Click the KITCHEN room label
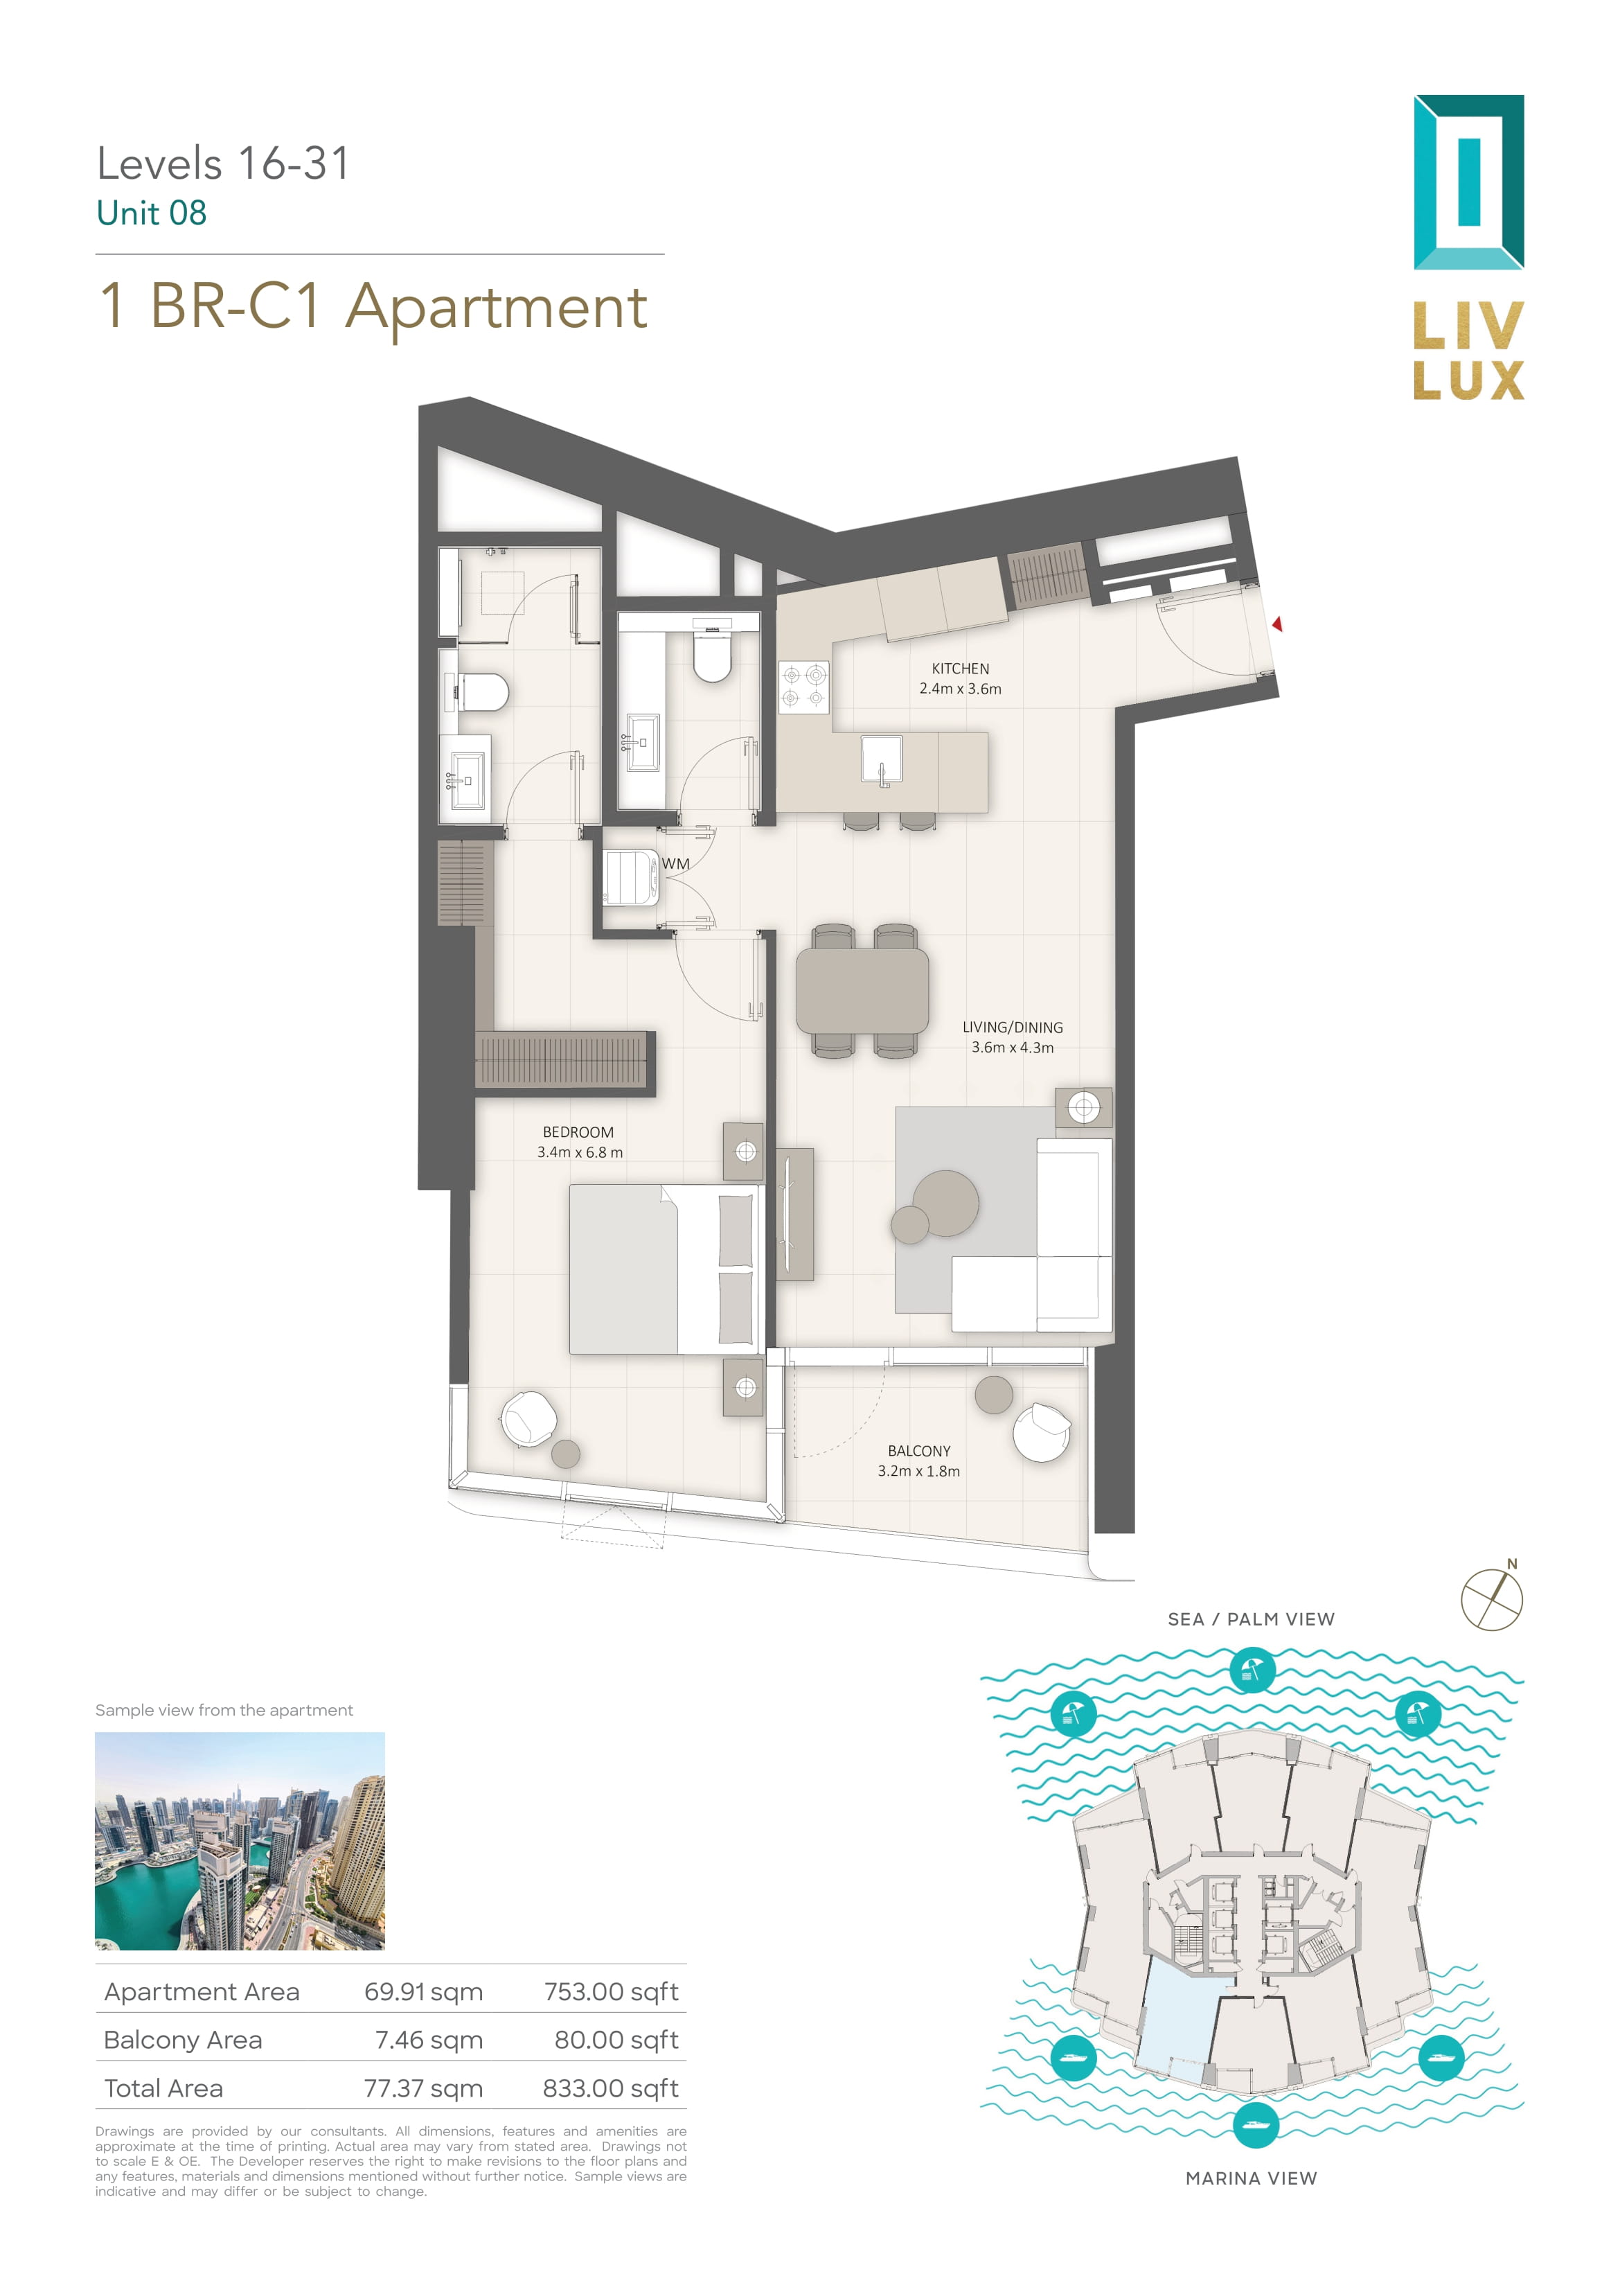coord(960,669)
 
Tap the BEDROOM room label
coord(578,1132)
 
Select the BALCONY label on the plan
coord(919,1450)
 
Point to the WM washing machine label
coord(676,863)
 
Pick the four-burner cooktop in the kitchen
coord(803,686)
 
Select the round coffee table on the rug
coord(945,1203)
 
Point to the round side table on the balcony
coord(993,1395)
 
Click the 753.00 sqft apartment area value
coord(611,1991)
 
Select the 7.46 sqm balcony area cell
coord(429,2039)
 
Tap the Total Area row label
coord(163,2088)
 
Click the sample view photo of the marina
coord(240,1842)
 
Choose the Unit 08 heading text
coord(152,213)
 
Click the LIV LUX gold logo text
coord(1468,351)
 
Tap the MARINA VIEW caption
coord(1251,2178)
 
